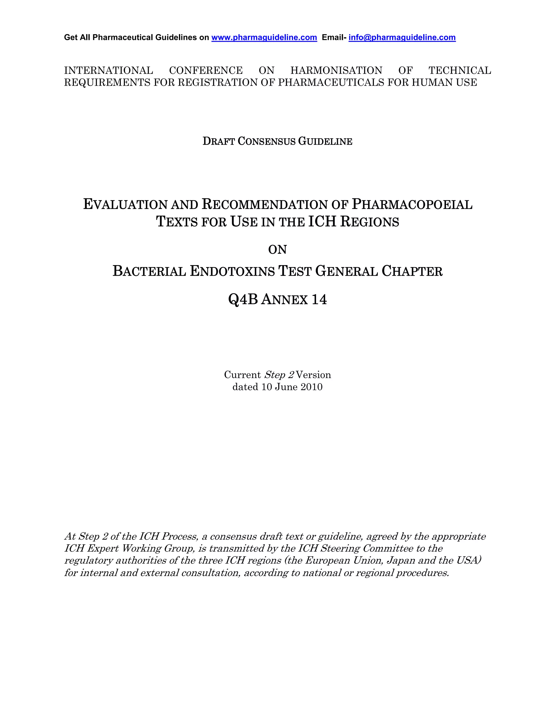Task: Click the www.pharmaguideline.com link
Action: pos(264,37)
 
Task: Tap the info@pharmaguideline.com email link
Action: pos(402,37)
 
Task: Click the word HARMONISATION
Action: pos(336,71)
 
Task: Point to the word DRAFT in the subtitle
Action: pos(218,141)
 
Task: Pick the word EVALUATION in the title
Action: pos(125,205)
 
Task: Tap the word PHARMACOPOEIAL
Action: pos(412,205)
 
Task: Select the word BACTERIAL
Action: pos(149,271)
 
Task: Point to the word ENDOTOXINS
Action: pos(232,271)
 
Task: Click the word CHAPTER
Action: pos(412,271)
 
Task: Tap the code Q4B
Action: pos(243,300)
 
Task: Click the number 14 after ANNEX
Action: pos(319,300)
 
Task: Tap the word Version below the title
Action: pos(313,375)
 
